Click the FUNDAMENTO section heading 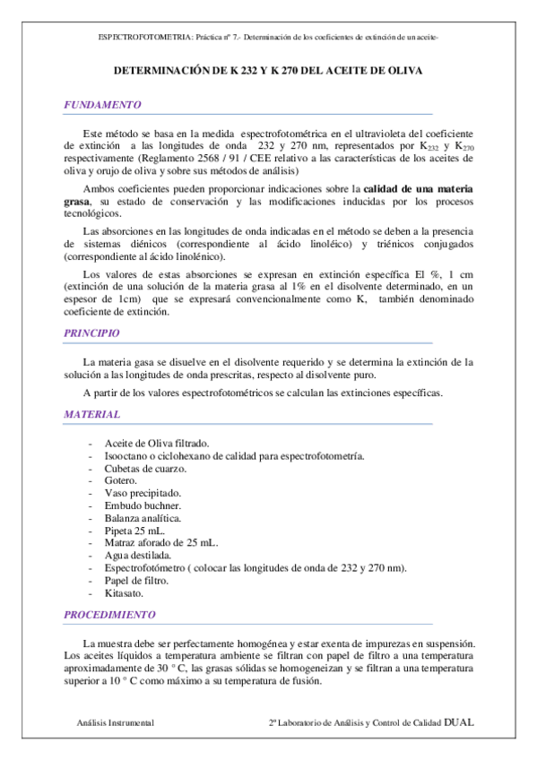pos(102,105)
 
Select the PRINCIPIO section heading pos(91,332)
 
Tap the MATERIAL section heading pos(91,415)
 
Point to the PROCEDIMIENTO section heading pos(109,615)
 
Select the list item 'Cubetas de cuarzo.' pos(145,469)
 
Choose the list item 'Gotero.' pos(123,481)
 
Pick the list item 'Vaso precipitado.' pos(143,494)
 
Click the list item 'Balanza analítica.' pos(143,519)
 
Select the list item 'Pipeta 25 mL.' pos(134,531)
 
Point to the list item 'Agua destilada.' pos(139,556)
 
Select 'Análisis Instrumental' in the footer pos(115,722)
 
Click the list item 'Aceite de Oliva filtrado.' pos(157,444)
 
